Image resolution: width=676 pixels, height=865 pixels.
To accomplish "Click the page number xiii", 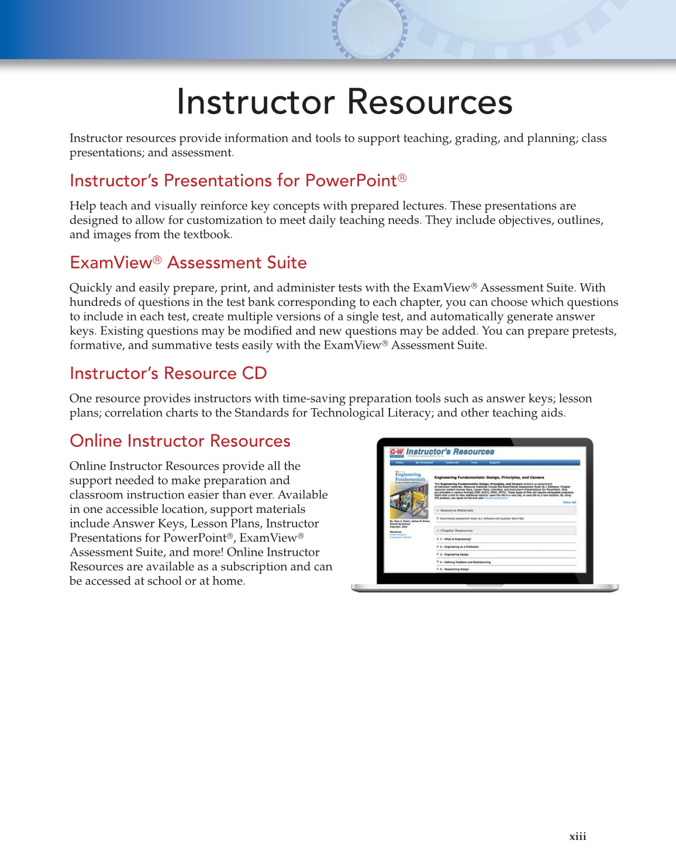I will coord(578,836).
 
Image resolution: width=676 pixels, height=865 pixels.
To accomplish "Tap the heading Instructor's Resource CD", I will coord(168,373).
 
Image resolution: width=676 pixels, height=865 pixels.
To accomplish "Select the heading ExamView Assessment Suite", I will coord(188,263).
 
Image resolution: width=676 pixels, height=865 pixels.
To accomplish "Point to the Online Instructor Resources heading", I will coord(180,441).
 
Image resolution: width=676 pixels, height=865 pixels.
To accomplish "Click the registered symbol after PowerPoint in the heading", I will coord(402,178).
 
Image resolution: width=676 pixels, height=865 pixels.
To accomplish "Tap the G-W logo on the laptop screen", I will coord(396,452).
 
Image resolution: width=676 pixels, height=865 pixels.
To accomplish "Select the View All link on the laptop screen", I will coord(569,502).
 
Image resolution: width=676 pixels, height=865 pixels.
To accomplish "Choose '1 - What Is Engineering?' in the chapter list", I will coord(456,539).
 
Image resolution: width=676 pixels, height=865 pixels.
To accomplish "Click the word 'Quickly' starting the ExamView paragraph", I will coord(90,288).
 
